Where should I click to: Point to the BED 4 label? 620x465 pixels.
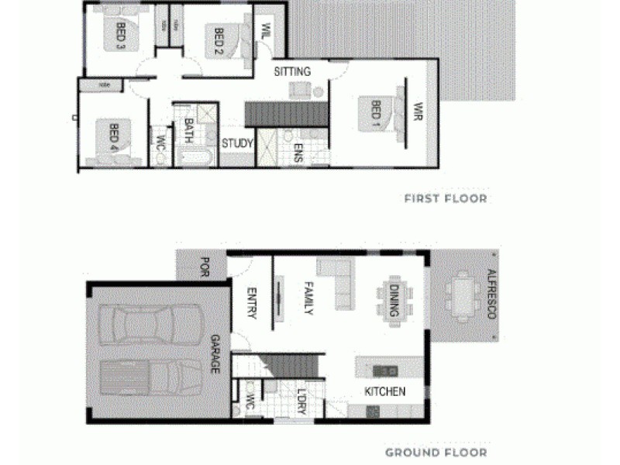click(114, 136)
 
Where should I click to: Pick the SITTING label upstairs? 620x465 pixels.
click(292, 71)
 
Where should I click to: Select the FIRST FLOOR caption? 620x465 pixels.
click(446, 198)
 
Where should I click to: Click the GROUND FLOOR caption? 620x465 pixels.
click(436, 453)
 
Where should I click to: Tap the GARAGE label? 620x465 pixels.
click(215, 354)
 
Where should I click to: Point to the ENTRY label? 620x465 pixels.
click(251, 302)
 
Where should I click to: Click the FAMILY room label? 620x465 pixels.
click(308, 298)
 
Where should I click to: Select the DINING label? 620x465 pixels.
click(394, 298)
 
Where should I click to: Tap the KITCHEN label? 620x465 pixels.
click(385, 391)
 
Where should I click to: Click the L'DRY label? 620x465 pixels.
click(301, 400)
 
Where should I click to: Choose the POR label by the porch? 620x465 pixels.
click(205, 266)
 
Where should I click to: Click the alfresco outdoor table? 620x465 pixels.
click(463, 296)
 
